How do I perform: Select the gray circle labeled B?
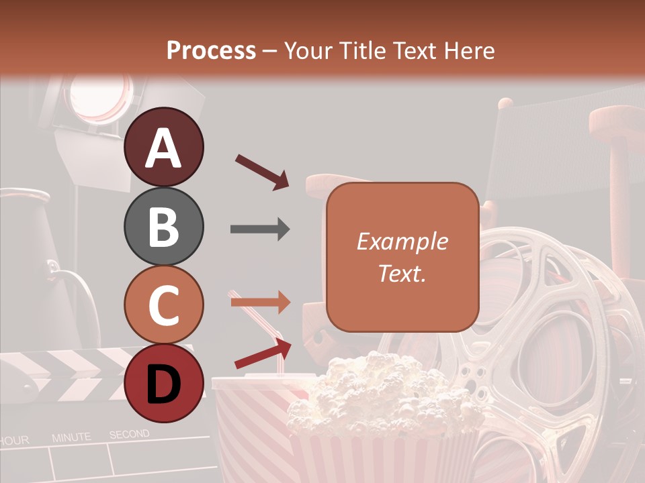point(163,226)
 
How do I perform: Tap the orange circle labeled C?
point(163,305)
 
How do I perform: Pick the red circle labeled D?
point(163,383)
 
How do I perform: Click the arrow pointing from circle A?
point(262,172)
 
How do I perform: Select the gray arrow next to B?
point(260,229)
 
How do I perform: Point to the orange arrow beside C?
point(260,303)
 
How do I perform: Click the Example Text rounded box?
point(402,257)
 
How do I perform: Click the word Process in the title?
point(211,50)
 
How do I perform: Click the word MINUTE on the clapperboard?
point(71,437)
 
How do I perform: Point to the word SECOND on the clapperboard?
point(129,435)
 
